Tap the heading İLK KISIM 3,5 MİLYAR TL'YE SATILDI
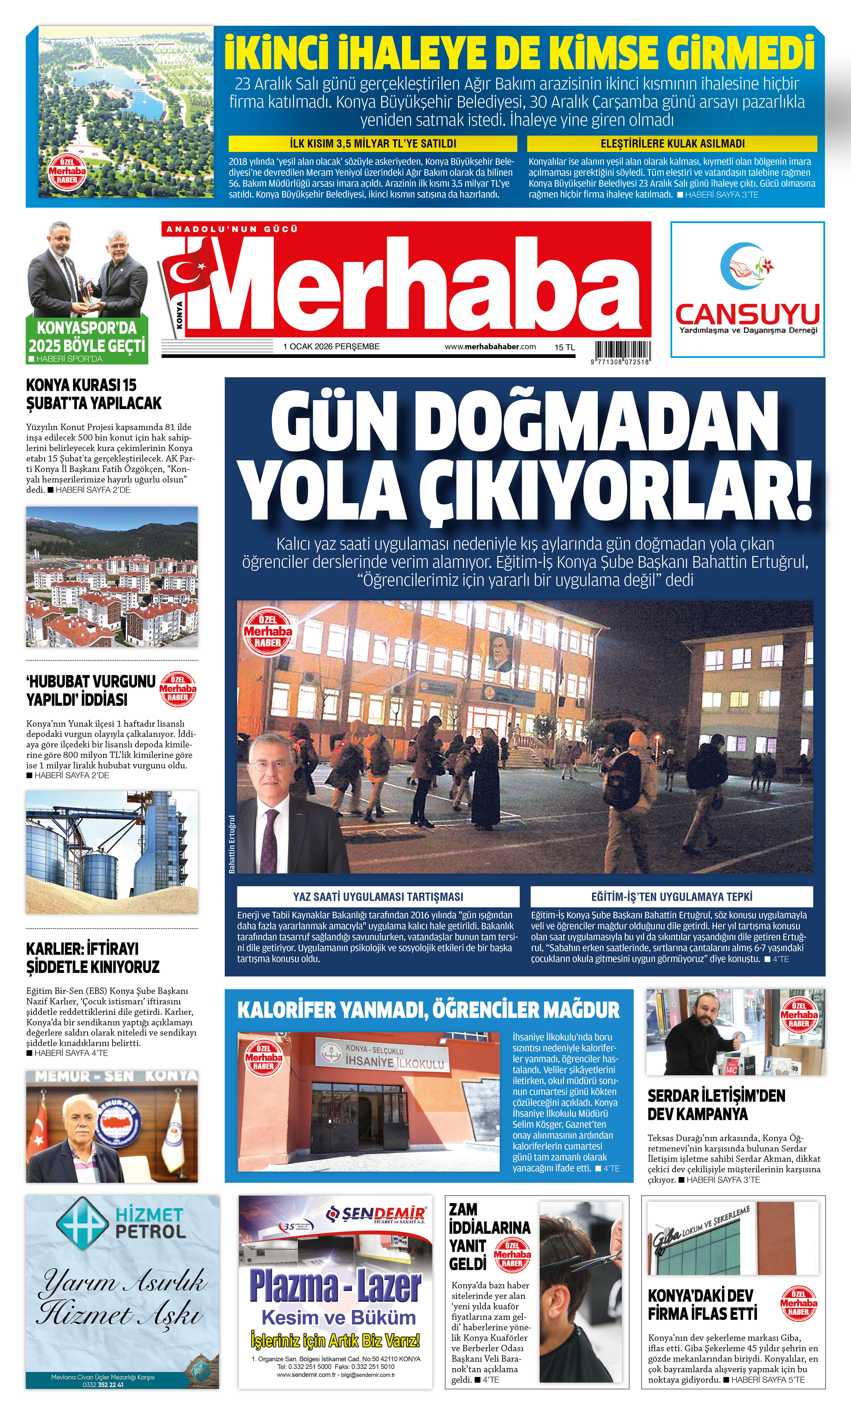click(373, 143)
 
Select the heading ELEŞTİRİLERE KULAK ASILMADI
click(672, 143)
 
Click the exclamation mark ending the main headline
click(803, 490)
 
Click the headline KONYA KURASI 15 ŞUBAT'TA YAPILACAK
click(93, 394)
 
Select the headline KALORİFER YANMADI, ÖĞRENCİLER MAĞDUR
click(428, 1010)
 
